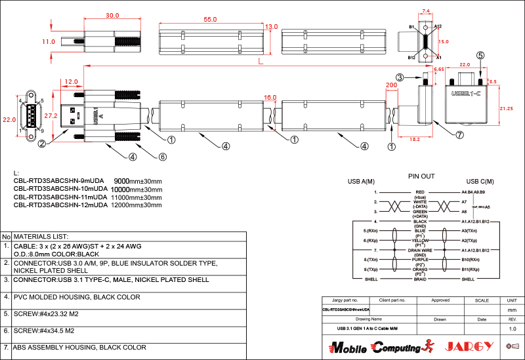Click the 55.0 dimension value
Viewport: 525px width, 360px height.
click(210, 20)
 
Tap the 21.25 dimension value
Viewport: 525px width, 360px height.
click(506, 108)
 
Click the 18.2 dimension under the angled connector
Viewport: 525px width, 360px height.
click(415, 140)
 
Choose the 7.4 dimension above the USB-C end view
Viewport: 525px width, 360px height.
click(426, 11)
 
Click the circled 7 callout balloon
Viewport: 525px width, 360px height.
click(459, 135)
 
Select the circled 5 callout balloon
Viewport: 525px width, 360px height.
click(480, 56)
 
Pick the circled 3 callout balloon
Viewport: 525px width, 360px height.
click(400, 77)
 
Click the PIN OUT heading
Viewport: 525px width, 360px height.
click(421, 176)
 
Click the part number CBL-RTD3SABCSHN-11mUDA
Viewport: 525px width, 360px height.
click(60, 197)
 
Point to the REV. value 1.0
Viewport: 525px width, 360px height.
click(513, 328)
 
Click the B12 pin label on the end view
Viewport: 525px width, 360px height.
click(411, 58)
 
